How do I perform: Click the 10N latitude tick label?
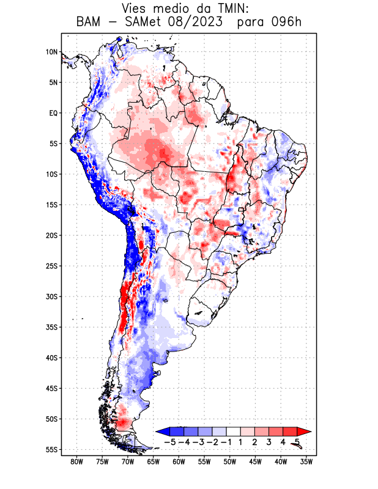click(x=51, y=52)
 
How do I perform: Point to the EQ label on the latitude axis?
click(x=53, y=113)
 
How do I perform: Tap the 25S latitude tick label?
click(x=51, y=266)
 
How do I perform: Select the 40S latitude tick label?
click(x=51, y=358)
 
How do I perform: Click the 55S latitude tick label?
click(x=51, y=449)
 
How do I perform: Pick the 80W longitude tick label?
click(x=76, y=461)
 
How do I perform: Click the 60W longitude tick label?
click(x=179, y=461)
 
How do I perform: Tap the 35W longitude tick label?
click(x=306, y=461)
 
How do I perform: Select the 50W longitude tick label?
click(x=230, y=461)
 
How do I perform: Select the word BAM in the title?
click(x=89, y=23)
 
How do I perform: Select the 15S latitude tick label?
click(x=51, y=205)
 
